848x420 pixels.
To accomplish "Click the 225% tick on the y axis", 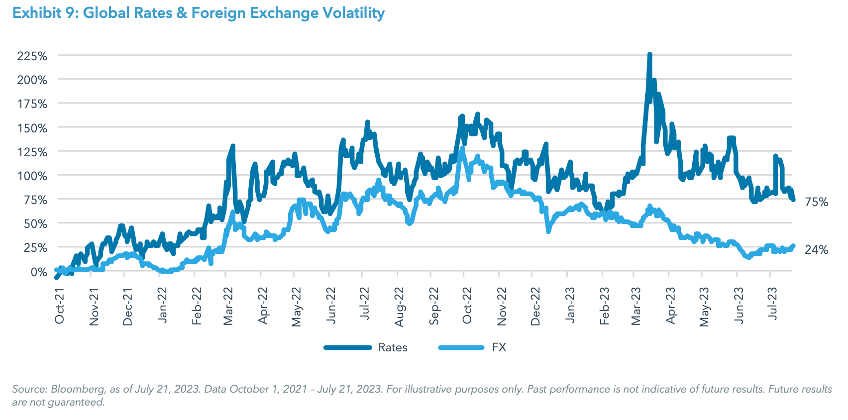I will pos(32,56).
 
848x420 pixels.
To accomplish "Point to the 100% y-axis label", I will pos(32,176).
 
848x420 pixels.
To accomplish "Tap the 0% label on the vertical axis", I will pos(38,272).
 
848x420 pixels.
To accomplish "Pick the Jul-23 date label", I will pos(772,304).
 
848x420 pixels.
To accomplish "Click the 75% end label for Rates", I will pos(816,202).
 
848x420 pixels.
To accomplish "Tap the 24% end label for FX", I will pos(816,250).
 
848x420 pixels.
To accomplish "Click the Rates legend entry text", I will pos(393,347).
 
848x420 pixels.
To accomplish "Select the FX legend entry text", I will pos(499,347).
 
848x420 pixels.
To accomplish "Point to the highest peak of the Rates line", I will pos(649,55).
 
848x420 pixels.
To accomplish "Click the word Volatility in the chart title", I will pos(353,13).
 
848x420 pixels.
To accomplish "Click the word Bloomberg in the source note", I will pos(78,389).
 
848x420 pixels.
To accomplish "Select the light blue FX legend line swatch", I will pos(461,347).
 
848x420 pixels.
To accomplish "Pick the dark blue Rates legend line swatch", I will pos(347,347).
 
